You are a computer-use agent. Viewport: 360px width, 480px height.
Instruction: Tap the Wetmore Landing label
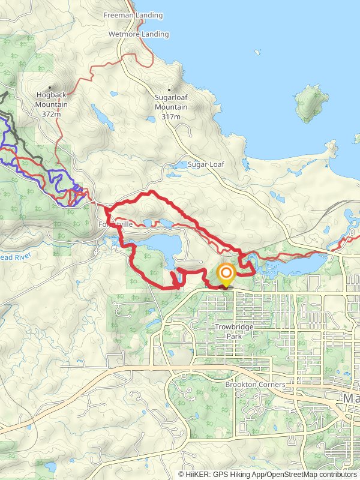click(x=139, y=34)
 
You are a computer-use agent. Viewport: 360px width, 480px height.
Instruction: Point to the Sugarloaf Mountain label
click(x=171, y=103)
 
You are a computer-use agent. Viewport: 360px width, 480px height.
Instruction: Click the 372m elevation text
click(x=51, y=114)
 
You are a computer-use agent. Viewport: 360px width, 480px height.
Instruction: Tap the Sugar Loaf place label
click(x=205, y=164)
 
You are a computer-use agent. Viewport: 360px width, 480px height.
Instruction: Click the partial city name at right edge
click(x=350, y=398)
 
